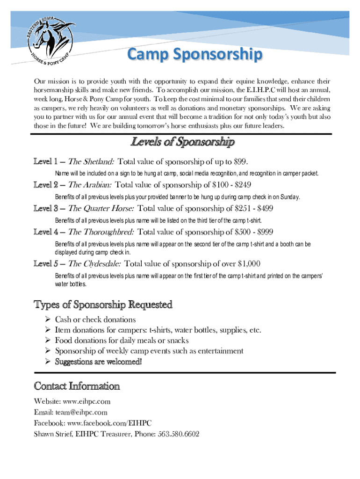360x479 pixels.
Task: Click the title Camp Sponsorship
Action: [x=195, y=56]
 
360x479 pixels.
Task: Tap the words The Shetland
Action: [x=91, y=162]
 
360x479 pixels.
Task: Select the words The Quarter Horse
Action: [x=101, y=209]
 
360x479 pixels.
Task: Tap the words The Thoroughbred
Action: [x=101, y=232]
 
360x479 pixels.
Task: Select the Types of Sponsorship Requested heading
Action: [x=103, y=305]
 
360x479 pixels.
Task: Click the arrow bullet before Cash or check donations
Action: [x=47, y=319]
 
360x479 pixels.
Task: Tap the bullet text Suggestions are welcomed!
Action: [x=98, y=362]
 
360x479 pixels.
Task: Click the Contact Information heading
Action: [x=77, y=386]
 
